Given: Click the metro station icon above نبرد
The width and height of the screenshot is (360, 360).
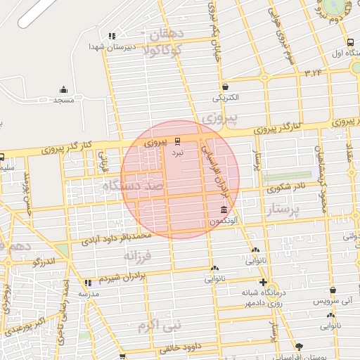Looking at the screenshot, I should (x=177, y=141).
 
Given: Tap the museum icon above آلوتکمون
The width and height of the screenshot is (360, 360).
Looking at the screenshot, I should (x=224, y=210).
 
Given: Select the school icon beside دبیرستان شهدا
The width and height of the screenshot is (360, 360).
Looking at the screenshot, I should (x=111, y=36).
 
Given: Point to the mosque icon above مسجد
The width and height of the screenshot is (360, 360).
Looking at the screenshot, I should (x=64, y=89).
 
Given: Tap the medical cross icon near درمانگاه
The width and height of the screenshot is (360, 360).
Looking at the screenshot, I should (x=263, y=282).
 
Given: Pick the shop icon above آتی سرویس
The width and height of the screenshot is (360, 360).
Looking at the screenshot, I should (x=333, y=289).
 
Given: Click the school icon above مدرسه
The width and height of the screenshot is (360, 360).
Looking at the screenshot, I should (x=88, y=282).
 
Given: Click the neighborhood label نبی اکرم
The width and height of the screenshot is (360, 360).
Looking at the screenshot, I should (x=160, y=326).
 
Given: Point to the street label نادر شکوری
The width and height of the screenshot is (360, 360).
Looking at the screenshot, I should (x=284, y=188).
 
